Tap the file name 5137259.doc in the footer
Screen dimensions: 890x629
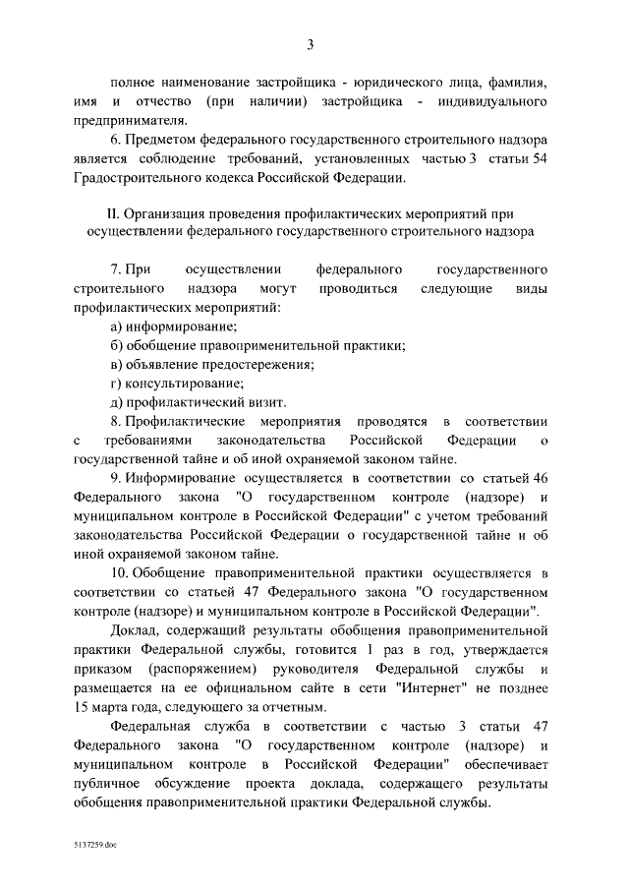coord(93,844)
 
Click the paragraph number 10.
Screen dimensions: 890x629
coord(120,571)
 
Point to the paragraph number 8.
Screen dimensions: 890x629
coord(115,420)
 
